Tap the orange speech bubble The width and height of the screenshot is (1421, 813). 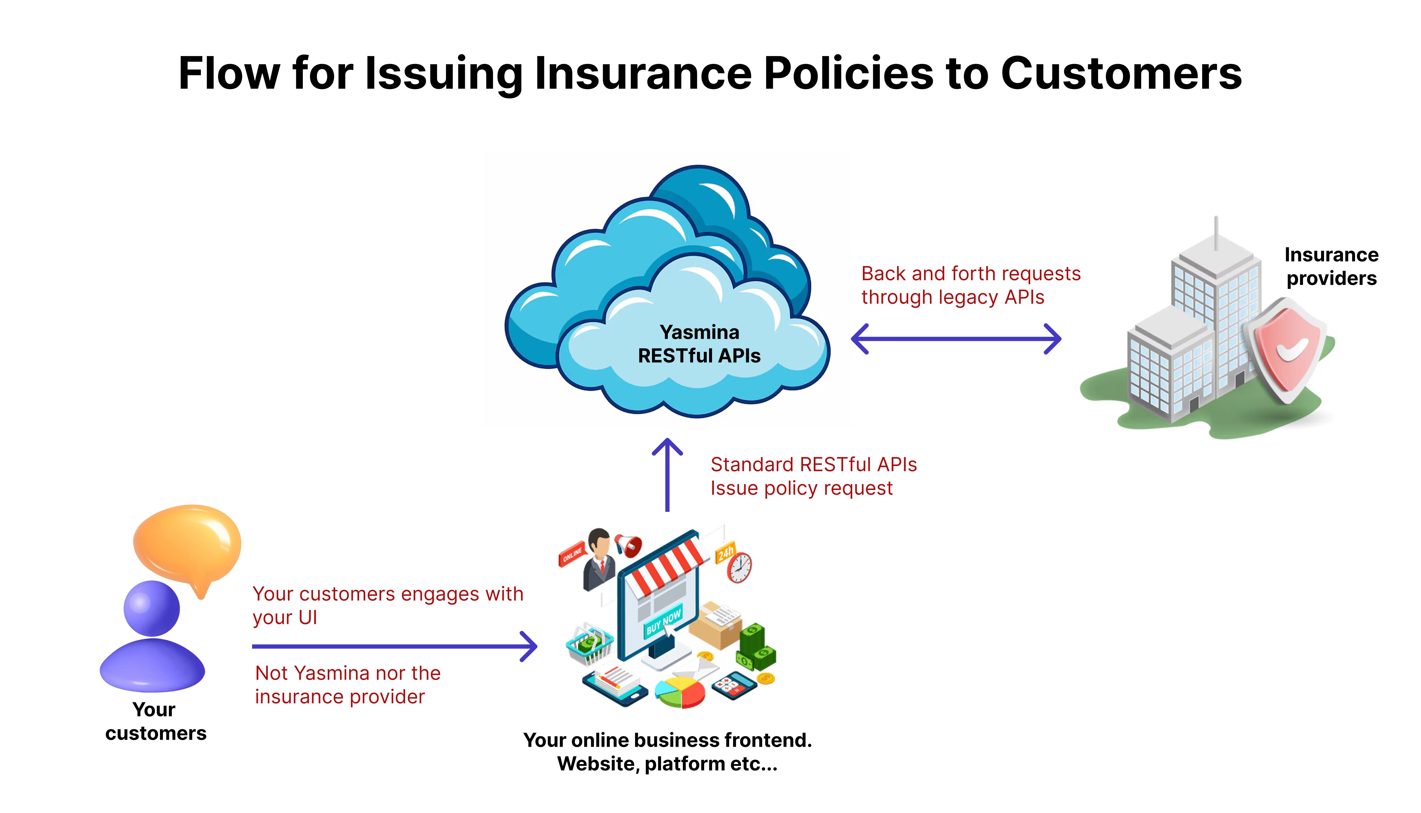pyautogui.click(x=188, y=544)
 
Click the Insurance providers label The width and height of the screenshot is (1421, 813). pyautogui.click(x=1331, y=266)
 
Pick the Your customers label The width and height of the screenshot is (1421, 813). pyautogui.click(x=155, y=721)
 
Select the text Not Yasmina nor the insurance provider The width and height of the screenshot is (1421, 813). pyautogui.click(x=347, y=685)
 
